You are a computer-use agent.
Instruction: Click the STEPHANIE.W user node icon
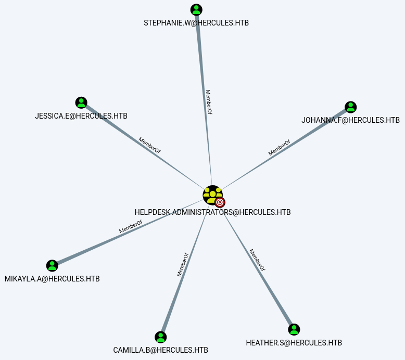196,9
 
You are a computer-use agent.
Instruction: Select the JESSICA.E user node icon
81,102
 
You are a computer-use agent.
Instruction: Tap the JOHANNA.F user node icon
351,107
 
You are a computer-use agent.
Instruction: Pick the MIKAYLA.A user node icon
52,266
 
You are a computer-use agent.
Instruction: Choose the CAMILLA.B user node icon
161,337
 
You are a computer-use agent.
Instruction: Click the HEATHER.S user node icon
294,329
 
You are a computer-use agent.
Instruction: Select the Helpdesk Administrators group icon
212,195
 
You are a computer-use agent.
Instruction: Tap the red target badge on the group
220,202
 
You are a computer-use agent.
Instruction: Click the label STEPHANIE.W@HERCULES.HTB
196,23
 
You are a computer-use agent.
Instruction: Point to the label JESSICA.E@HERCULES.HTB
81,116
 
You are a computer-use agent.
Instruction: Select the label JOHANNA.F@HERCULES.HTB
350,120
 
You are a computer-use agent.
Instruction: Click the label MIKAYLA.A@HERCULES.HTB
52,279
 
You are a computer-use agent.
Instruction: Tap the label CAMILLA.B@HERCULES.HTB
161,350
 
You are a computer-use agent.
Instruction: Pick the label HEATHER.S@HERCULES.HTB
294,343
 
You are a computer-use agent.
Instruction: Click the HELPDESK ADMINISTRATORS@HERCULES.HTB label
212,212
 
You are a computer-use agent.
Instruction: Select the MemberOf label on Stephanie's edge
208,102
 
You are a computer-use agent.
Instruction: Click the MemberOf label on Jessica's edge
149,145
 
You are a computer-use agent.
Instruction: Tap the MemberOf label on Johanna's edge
279,148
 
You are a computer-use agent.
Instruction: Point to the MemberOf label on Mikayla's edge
131,227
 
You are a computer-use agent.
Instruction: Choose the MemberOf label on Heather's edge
257,260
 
